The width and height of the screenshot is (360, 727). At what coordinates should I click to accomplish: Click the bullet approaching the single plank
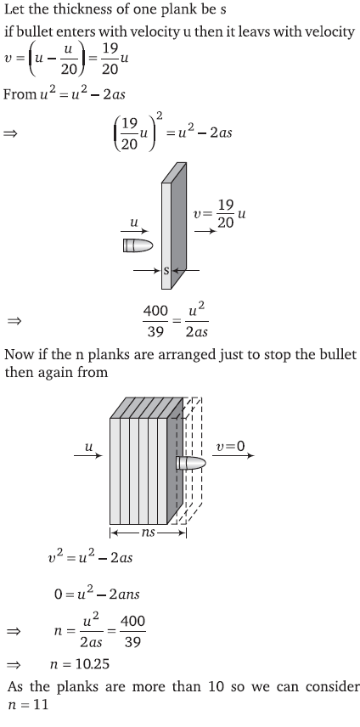click(138, 245)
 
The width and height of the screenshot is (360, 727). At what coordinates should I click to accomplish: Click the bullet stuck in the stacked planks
click(191, 463)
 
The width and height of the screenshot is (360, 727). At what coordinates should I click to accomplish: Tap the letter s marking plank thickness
click(166, 270)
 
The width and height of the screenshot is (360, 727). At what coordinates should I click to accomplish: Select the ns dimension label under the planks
click(149, 533)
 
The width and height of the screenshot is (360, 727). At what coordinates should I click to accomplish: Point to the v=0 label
click(230, 446)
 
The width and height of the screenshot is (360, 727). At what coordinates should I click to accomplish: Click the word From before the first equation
click(20, 94)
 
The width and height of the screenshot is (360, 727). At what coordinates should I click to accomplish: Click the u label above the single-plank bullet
click(134, 223)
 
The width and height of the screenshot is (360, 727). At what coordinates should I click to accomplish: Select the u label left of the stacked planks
click(88, 447)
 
